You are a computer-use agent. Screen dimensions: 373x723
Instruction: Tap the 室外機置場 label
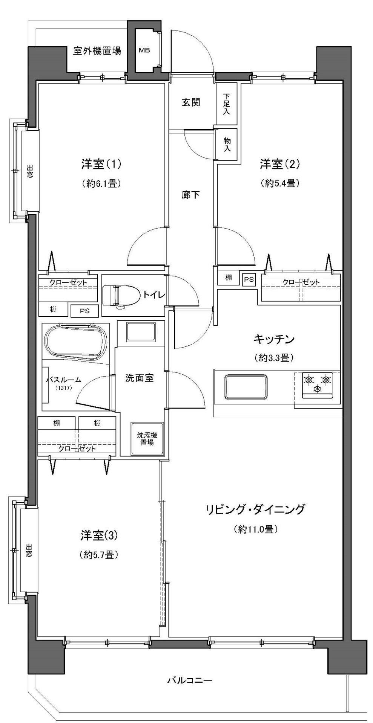tap(97, 51)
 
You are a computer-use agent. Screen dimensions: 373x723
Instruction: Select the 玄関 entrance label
tap(191, 102)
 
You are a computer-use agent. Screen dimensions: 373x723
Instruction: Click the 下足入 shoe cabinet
tap(226, 104)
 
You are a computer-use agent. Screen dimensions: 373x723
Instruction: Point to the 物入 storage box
tap(227, 145)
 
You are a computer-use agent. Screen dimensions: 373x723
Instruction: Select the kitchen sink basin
tap(246, 387)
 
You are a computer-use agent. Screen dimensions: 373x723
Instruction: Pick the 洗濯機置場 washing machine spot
tap(147, 439)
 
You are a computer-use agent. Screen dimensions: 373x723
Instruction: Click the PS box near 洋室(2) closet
tap(249, 279)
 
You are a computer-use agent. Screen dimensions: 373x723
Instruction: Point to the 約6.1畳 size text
tap(101, 184)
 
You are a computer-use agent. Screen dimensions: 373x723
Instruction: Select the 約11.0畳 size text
tap(256, 529)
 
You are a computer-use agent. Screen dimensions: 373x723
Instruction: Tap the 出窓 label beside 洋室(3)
tap(29, 550)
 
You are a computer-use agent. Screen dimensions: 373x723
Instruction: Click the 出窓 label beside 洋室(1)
tap(29, 171)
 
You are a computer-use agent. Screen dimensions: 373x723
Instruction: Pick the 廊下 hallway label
tap(191, 195)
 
